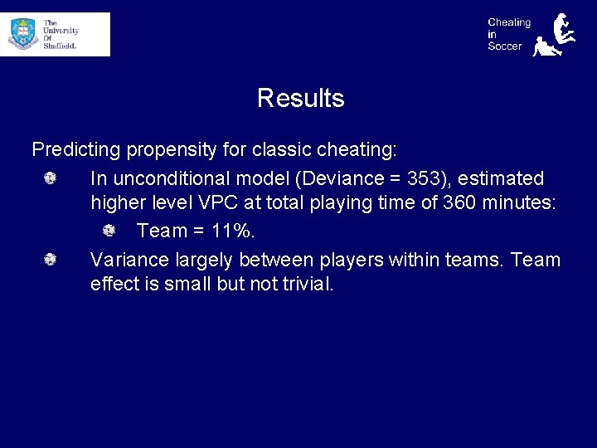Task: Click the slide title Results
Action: point(300,98)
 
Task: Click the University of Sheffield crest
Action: point(22,34)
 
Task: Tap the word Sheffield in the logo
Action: point(60,46)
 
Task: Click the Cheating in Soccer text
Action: point(508,34)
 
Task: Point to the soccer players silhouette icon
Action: point(554,35)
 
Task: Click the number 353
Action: point(424,178)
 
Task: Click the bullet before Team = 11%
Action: point(109,229)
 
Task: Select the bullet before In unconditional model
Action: point(50,178)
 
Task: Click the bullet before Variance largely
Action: point(50,260)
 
